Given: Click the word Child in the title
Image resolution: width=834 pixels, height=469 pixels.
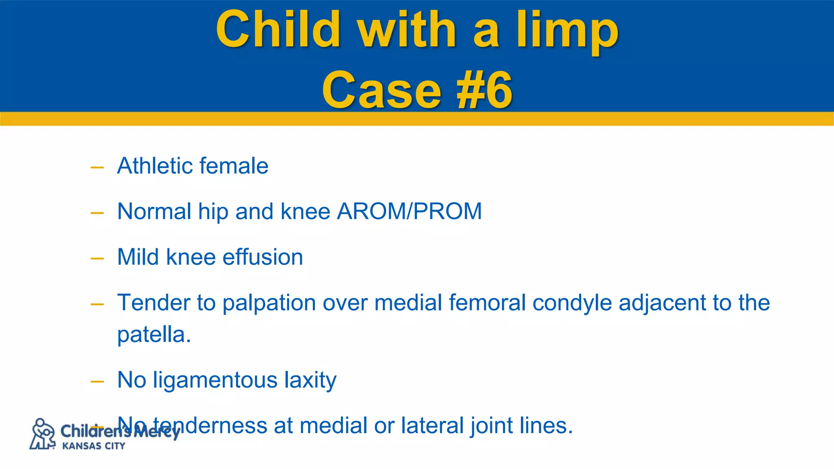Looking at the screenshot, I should pos(278,29).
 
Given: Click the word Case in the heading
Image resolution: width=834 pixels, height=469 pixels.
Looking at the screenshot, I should pos(382,90).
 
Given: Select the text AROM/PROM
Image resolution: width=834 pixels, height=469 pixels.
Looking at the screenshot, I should pos(409,212).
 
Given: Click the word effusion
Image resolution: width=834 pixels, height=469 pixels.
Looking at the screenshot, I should pos(263,257).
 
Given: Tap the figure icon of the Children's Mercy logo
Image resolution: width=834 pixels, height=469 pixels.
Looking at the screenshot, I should pos(42,434).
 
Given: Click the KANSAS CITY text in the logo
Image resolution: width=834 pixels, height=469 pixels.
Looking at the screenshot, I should pos(93,446).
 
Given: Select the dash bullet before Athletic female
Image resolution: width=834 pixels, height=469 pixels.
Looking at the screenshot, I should pos(97,167).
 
